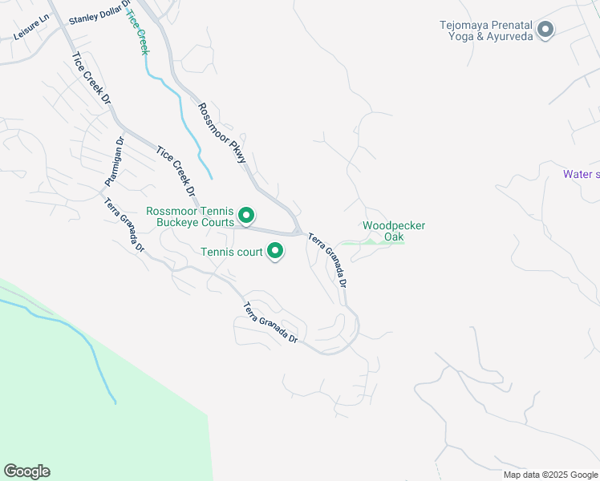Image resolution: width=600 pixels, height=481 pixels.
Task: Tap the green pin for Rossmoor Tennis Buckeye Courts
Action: pos(247,216)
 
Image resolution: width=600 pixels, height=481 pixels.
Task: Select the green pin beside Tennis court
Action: pos(275,252)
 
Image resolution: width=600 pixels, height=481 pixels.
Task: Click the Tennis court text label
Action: pos(232,253)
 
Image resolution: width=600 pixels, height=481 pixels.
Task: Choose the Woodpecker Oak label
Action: pos(393,231)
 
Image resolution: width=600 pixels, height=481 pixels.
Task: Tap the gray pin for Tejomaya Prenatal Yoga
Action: pos(546,30)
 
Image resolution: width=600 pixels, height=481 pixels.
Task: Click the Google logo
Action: pos(26,471)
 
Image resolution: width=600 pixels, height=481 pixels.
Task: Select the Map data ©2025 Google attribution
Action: pos(550,475)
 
